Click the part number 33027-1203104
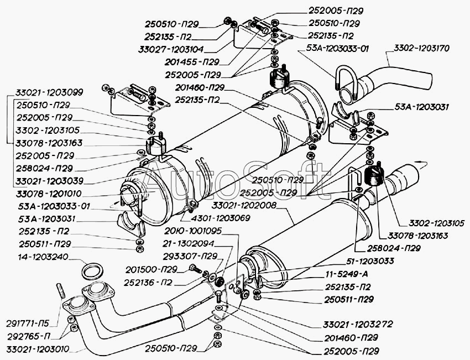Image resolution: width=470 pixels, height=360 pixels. (x=173, y=48)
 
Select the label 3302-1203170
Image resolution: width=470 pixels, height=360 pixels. (x=422, y=48)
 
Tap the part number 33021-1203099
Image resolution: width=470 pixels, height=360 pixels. (x=45, y=92)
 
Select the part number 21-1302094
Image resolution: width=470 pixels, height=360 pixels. (x=189, y=243)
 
